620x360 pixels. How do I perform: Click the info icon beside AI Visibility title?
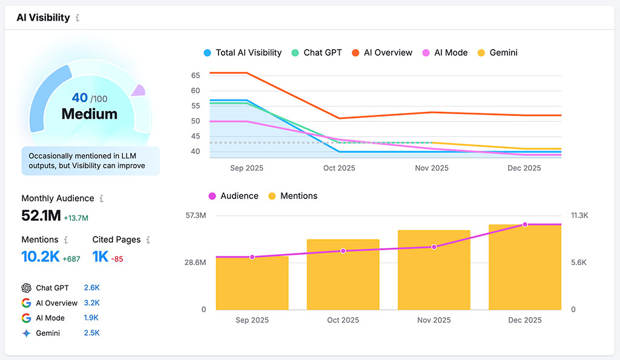[x=77, y=18]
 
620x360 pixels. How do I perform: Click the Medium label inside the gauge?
[x=90, y=114]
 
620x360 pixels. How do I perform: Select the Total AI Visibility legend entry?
[x=243, y=53]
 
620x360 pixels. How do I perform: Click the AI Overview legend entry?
[x=381, y=53]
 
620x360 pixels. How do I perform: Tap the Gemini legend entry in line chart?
[x=498, y=53]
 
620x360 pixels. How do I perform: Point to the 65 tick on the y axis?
[x=195, y=76]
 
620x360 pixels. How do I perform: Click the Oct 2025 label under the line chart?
[x=339, y=168]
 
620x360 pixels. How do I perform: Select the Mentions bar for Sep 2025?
[x=252, y=283]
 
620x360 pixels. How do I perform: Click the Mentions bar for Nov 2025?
[x=434, y=270]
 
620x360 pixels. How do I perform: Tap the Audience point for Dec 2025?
[x=525, y=224]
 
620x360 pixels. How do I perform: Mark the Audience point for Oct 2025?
[x=343, y=250]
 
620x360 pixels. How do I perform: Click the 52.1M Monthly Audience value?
[x=41, y=215]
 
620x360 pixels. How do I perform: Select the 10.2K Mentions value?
[x=41, y=257]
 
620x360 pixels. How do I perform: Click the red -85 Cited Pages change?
[x=117, y=259]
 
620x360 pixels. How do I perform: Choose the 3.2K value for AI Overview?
[x=91, y=303]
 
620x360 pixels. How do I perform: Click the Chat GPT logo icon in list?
[x=26, y=288]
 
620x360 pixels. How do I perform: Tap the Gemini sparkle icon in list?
[x=26, y=333]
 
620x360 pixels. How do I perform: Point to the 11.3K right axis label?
[x=579, y=215]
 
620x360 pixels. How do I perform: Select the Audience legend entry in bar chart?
[x=233, y=196]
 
